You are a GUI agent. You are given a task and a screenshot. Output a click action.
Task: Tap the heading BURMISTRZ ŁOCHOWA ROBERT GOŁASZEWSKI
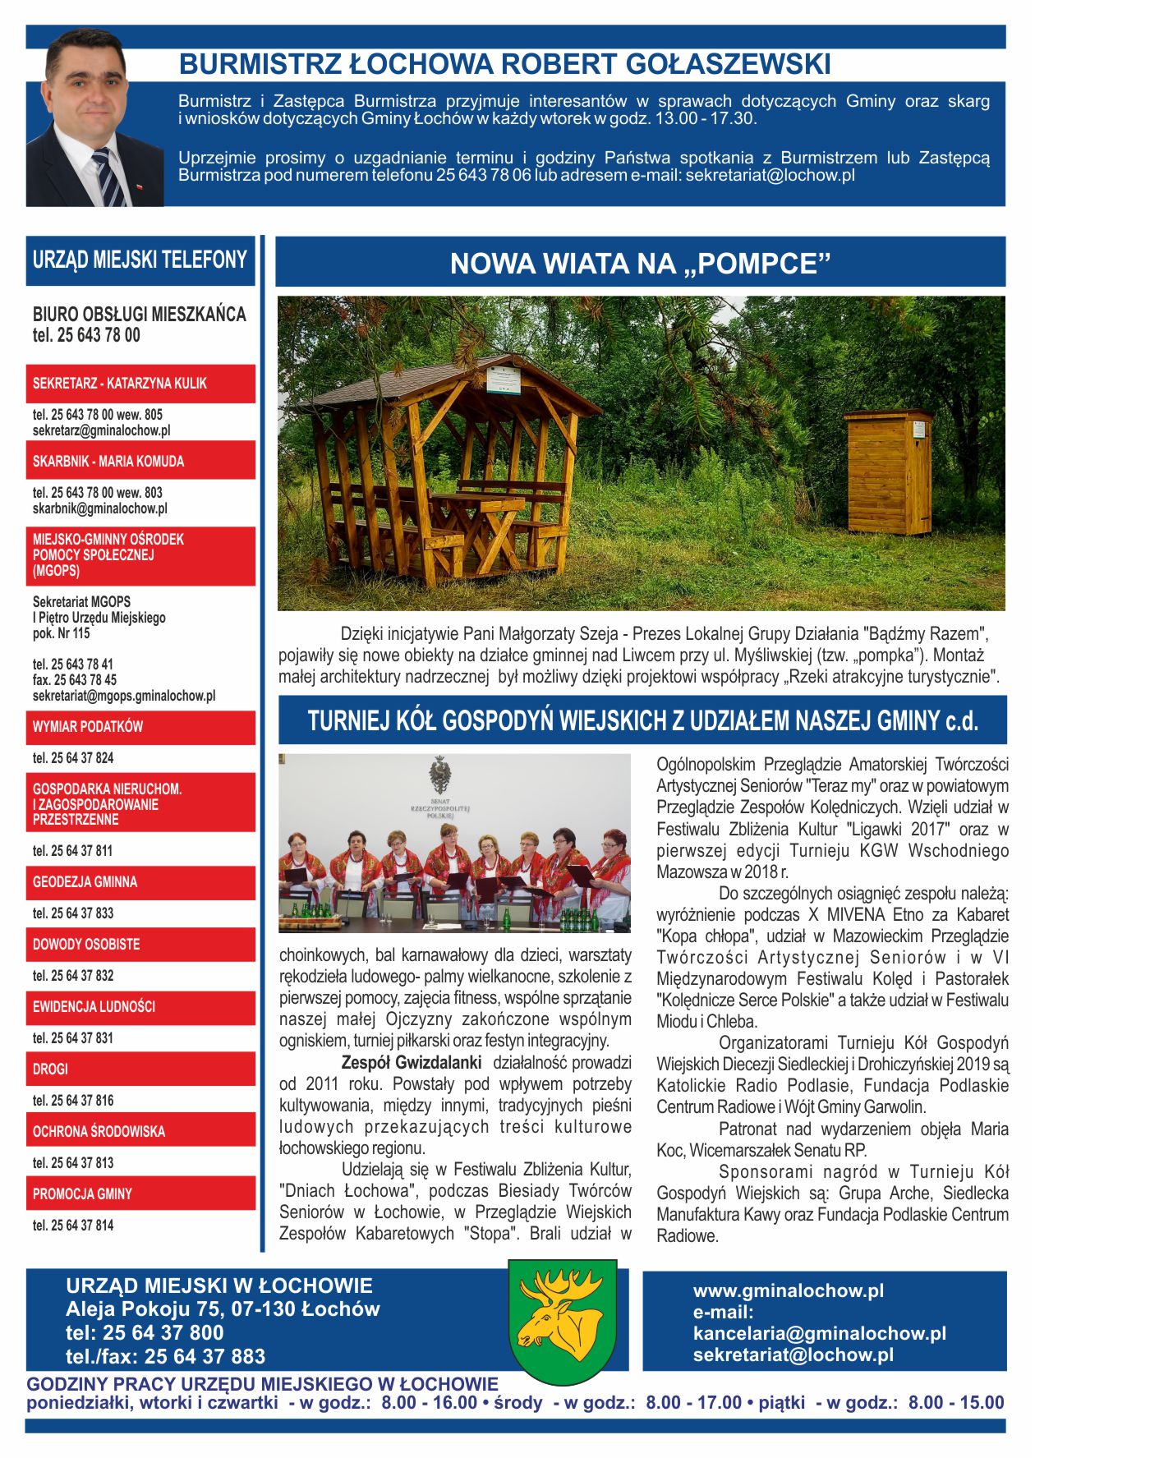point(504,64)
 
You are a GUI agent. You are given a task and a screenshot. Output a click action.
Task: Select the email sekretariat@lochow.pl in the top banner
point(770,175)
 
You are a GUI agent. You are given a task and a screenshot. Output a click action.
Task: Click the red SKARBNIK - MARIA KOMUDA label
point(108,462)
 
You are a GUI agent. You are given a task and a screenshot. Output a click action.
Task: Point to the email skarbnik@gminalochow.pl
point(99,508)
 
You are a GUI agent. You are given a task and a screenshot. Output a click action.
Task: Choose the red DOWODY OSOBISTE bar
point(86,945)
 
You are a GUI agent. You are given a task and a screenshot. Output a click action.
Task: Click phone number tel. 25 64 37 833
point(73,913)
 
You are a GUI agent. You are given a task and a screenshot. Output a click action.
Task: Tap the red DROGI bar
point(51,1069)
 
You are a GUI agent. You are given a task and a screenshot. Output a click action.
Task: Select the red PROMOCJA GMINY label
point(82,1194)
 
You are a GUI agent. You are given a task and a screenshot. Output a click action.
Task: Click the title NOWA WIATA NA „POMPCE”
point(640,264)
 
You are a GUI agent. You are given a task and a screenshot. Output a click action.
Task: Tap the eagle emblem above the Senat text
point(441,775)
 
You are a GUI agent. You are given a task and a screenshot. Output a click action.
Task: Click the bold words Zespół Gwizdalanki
point(412,1062)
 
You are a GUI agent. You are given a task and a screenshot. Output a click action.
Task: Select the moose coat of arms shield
point(563,1321)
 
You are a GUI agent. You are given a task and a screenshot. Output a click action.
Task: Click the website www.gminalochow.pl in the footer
point(788,1290)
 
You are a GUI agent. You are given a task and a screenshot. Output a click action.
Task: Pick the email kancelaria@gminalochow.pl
point(819,1333)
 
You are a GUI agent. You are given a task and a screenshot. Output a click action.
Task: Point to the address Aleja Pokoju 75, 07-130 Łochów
point(223,1309)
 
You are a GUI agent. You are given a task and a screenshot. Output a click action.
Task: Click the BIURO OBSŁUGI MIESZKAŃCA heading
point(139,315)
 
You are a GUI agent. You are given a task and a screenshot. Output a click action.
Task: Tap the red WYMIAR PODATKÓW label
point(88,727)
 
